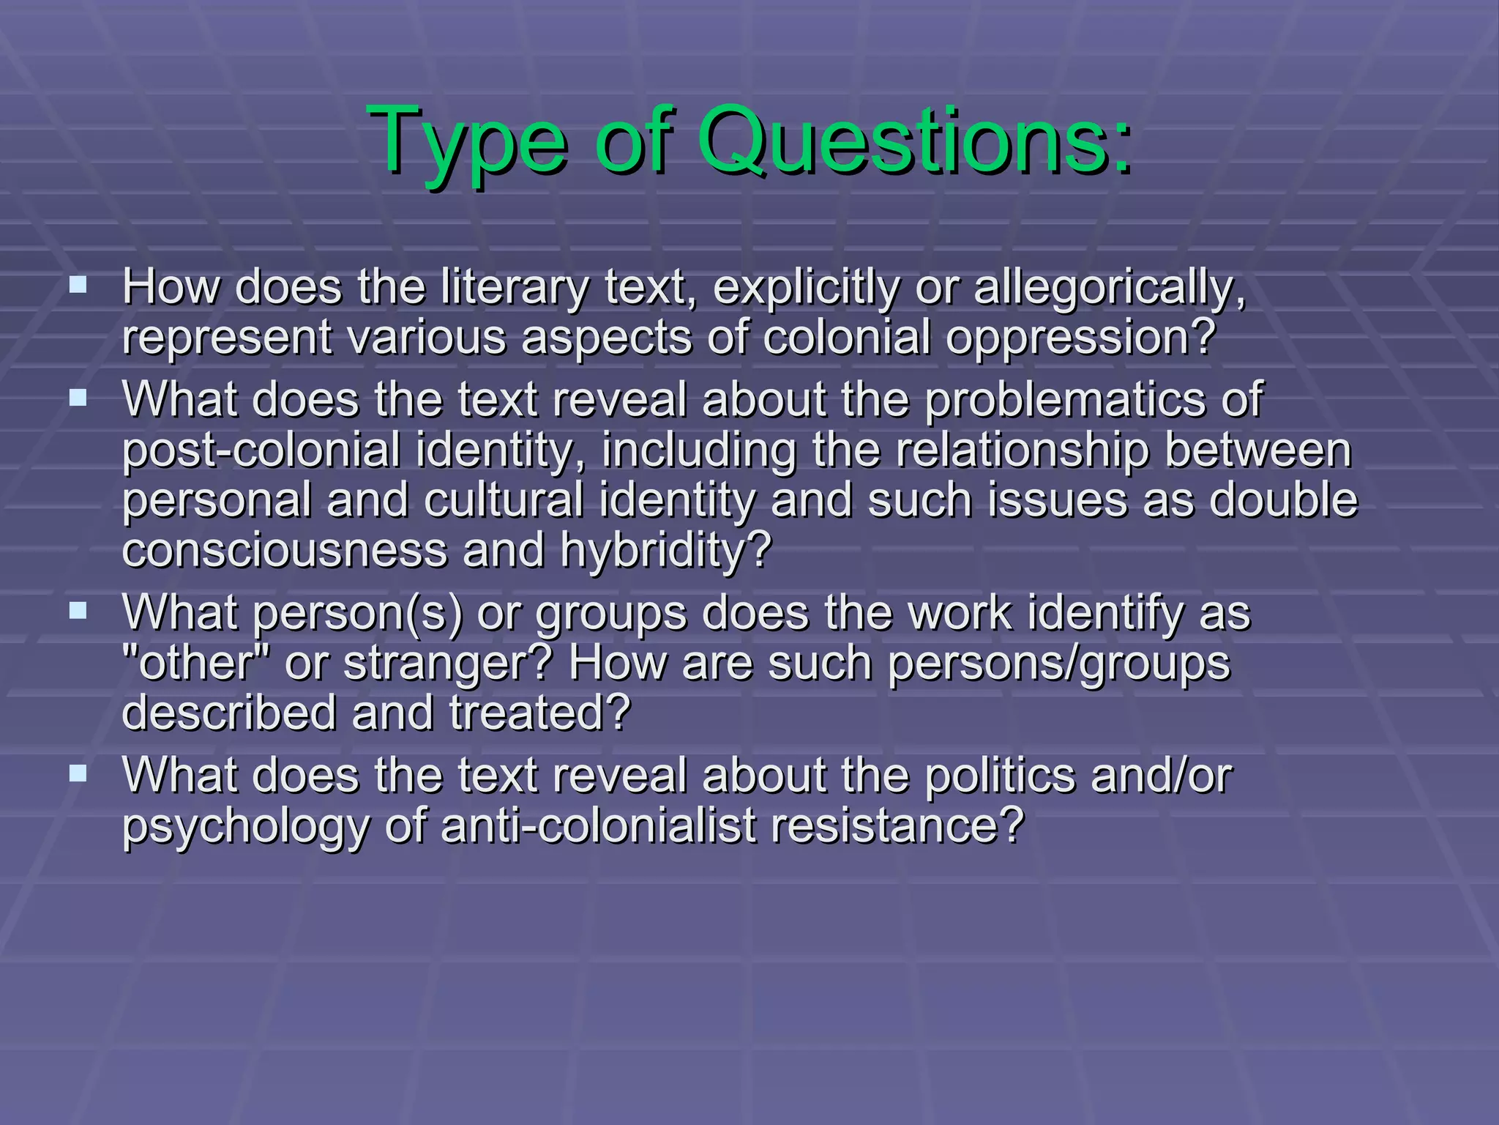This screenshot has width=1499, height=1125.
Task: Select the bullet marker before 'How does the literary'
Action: click(78, 284)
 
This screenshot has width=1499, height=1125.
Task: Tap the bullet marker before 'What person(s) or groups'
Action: click(78, 610)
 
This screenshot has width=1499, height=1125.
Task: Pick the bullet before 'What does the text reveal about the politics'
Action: click(78, 773)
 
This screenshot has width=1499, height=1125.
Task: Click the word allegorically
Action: click(1110, 287)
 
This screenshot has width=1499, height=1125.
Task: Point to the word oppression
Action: click(1080, 337)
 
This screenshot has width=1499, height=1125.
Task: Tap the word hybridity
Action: click(667, 549)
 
